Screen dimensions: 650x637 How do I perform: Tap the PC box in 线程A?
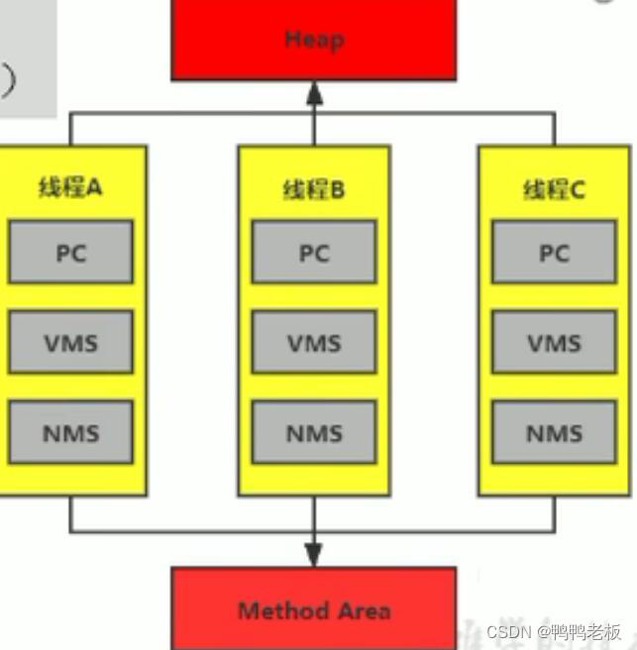point(70,252)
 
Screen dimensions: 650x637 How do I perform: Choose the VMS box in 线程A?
point(70,342)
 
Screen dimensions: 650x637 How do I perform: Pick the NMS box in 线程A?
point(70,432)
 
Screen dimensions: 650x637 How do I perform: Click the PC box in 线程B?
point(313,252)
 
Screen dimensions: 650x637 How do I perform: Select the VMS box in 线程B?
point(313,342)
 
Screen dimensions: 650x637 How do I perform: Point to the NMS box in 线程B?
point(313,432)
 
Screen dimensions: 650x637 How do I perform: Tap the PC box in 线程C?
point(554,252)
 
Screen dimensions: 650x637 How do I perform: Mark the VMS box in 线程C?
point(554,342)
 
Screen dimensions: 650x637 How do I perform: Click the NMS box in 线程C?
point(554,432)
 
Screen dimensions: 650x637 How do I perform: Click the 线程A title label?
point(70,187)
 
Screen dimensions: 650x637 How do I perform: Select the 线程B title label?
point(313,189)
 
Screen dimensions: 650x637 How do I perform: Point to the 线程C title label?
point(554,189)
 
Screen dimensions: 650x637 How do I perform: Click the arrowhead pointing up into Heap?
point(314,93)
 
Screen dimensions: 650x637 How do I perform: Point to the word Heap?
point(314,40)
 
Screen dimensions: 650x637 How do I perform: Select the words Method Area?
point(314,610)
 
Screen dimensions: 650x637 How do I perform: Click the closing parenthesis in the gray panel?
point(8,78)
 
